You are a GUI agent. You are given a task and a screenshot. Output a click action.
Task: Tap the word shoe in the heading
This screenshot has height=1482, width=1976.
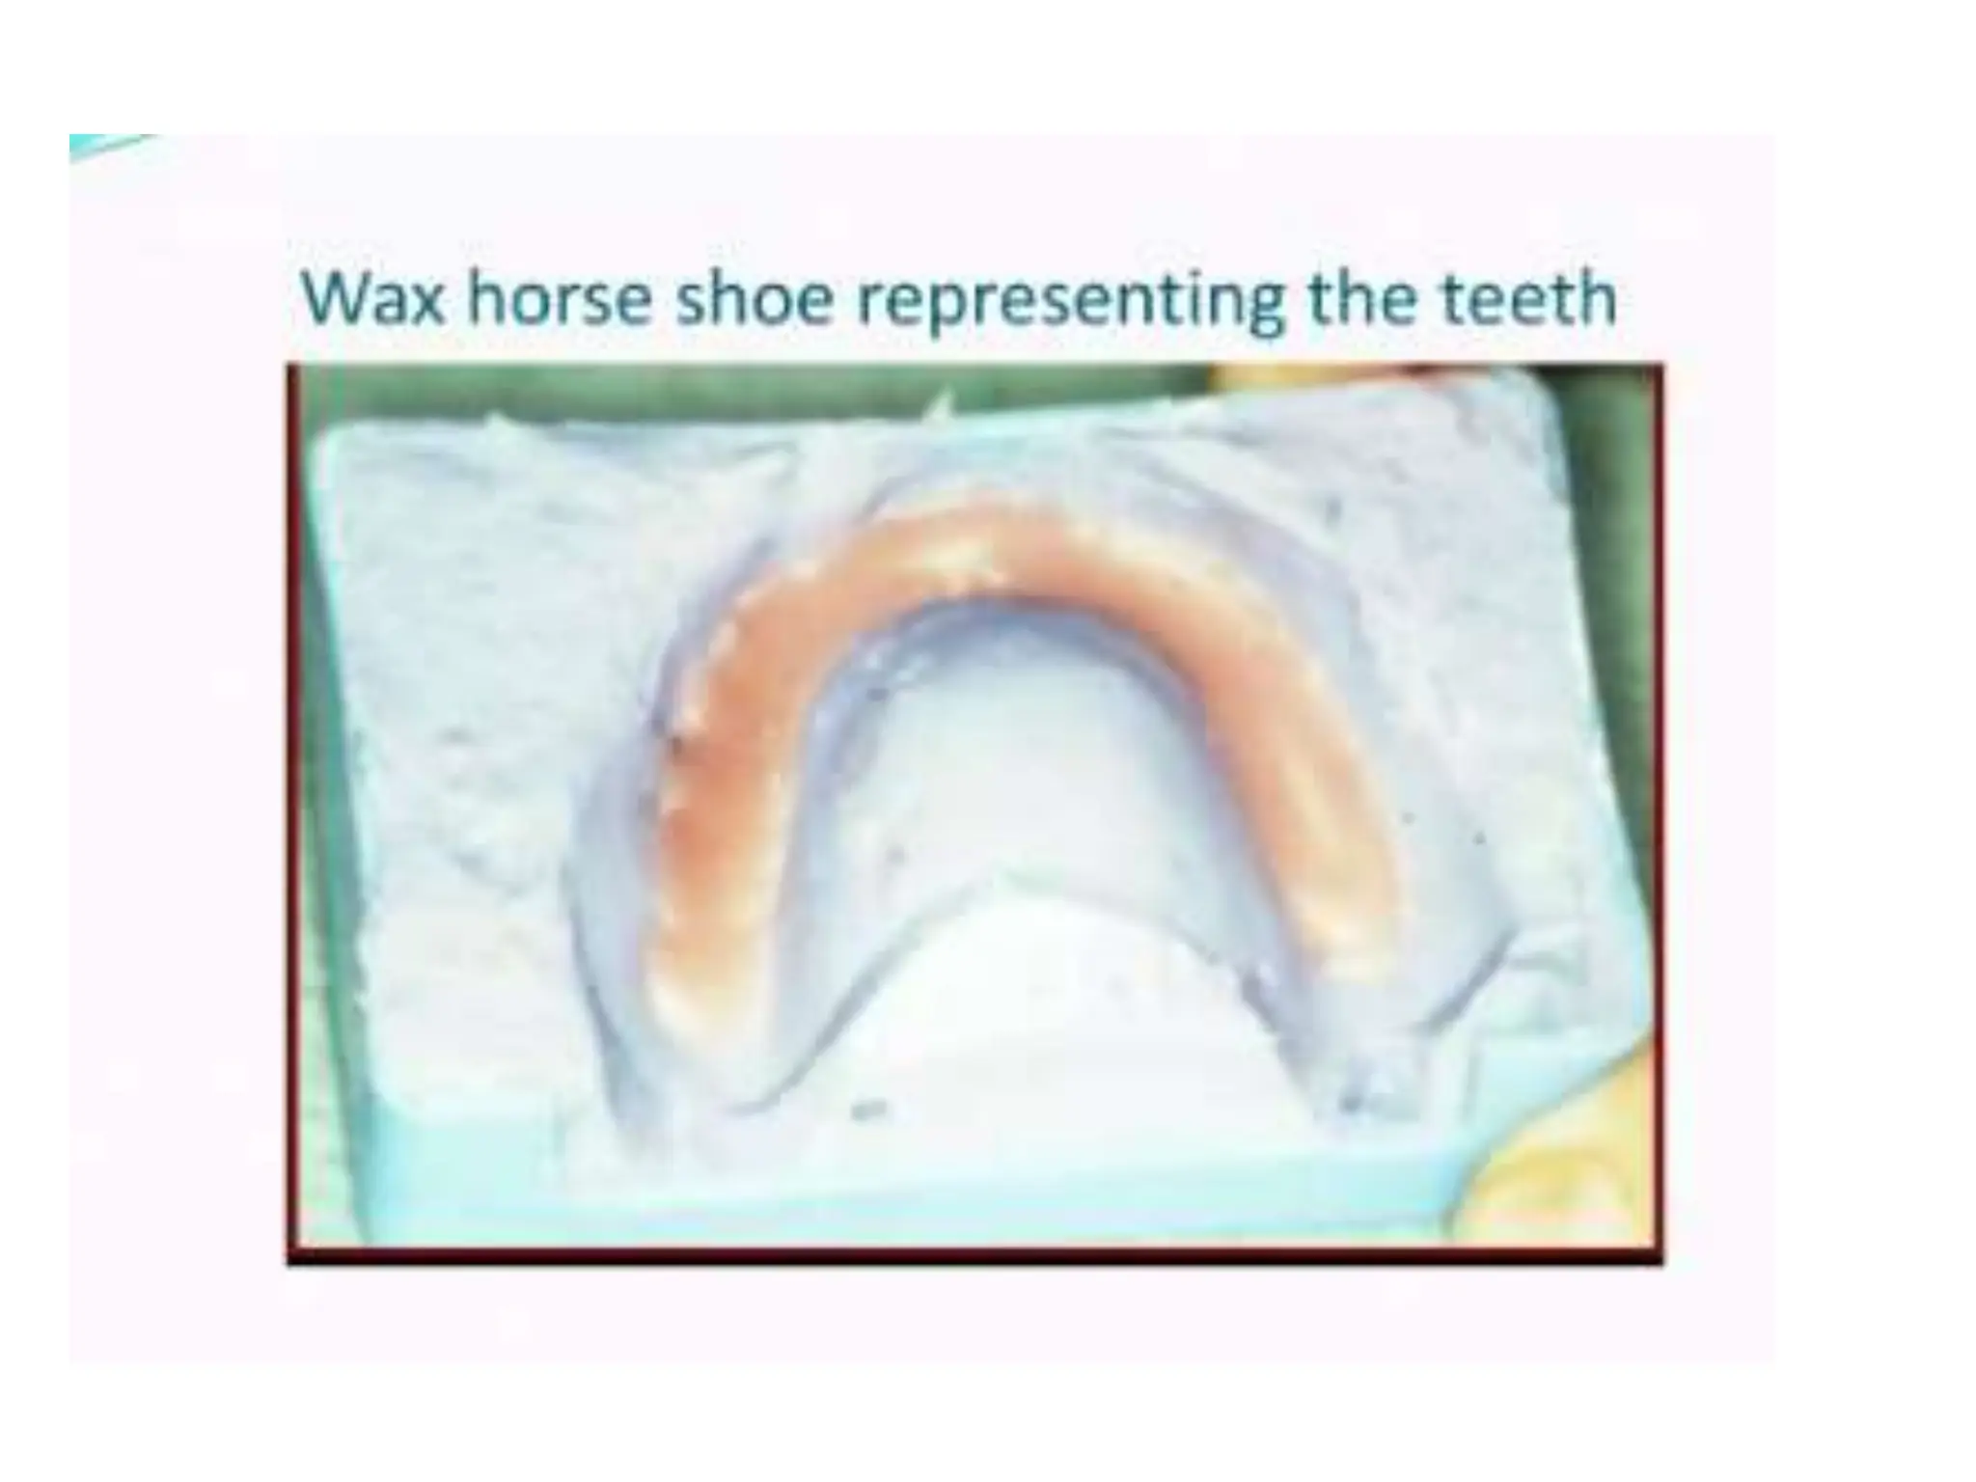tap(753, 299)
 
